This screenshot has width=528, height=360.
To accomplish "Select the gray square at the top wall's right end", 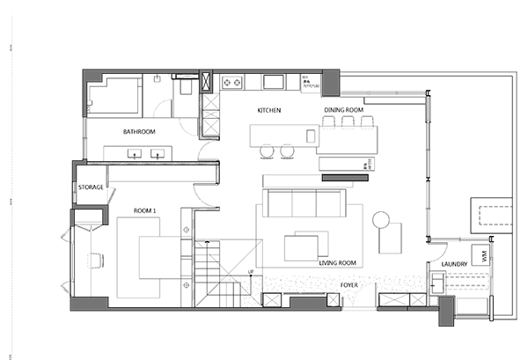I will tap(332, 83).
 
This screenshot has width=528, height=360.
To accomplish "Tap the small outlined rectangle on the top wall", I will tap(205, 81).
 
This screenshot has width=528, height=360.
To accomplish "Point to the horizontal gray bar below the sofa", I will tap(345, 178).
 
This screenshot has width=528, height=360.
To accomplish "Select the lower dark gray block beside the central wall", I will tap(228, 195).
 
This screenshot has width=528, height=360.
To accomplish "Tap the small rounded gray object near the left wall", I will tap(85, 260).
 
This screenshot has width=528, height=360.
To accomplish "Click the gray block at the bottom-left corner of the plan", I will tap(89, 304).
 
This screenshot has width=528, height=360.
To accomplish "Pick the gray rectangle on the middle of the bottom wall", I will tap(307, 304).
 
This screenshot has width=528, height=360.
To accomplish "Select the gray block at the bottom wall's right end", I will tap(446, 311).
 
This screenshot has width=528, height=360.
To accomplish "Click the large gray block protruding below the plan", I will tap(358, 330).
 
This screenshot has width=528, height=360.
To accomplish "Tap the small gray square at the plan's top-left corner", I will tap(94, 77).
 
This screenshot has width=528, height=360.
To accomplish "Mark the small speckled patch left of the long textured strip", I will tap(252, 290).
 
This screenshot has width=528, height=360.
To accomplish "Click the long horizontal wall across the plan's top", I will tap(264, 70).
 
